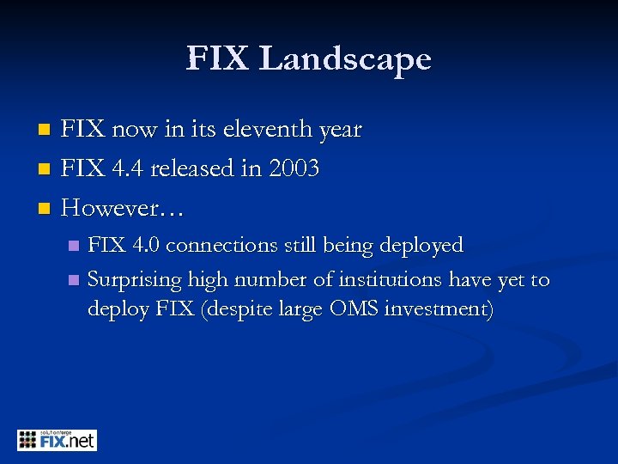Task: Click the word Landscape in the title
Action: (x=345, y=59)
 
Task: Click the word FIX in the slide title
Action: (x=219, y=59)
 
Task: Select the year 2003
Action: (x=293, y=169)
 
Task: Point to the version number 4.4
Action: (x=126, y=169)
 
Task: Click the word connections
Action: (x=223, y=246)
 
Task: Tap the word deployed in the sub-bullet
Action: (x=419, y=246)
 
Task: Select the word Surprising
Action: (x=132, y=280)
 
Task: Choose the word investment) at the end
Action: (x=439, y=309)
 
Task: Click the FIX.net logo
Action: (x=57, y=440)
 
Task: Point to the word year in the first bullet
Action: (x=339, y=131)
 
